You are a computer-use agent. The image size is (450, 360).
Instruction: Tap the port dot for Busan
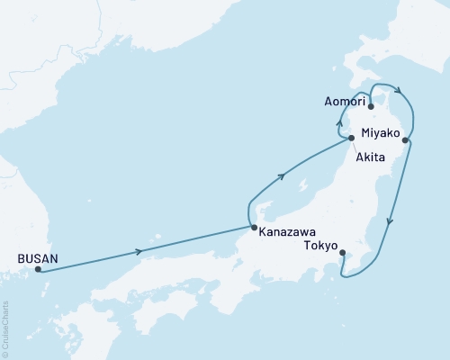[x=38, y=269]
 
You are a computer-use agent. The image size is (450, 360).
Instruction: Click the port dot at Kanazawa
[x=254, y=227]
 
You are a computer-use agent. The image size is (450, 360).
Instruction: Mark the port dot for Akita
[x=351, y=138]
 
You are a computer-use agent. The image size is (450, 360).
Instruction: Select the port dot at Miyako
[x=406, y=139]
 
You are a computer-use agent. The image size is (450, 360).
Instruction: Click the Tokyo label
[x=321, y=246]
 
